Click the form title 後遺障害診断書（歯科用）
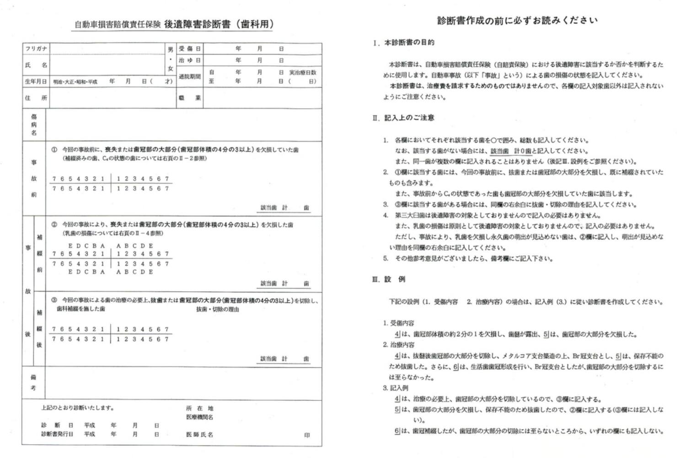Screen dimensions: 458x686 [x=218, y=24]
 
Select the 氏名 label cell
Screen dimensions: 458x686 [x=36, y=65]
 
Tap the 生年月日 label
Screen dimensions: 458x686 [x=36, y=82]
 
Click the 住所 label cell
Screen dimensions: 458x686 [x=36, y=98]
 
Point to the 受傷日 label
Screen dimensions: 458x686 [x=189, y=49]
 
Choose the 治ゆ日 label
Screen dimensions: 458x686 [x=189, y=60]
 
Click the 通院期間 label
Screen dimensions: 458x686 [x=189, y=76]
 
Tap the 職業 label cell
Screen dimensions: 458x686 [x=189, y=98]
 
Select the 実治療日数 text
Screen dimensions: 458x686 [x=302, y=72]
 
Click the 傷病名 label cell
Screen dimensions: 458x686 [x=34, y=125]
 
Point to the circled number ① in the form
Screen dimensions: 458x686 [x=54, y=150]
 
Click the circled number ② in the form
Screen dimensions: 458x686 [x=54, y=225]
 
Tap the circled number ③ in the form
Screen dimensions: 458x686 [x=54, y=300]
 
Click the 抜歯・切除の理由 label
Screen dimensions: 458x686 [x=218, y=310]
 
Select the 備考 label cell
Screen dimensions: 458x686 [x=33, y=382]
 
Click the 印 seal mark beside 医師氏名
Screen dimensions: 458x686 [x=307, y=435]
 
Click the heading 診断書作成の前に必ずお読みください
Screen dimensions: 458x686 [x=517, y=20]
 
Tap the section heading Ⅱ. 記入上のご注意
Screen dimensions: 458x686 [x=403, y=118]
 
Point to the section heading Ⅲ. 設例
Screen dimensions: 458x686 [x=389, y=279]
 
